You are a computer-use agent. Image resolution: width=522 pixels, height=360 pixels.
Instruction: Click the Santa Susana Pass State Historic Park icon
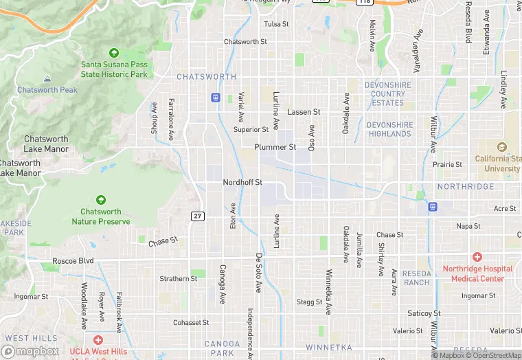point(114,53)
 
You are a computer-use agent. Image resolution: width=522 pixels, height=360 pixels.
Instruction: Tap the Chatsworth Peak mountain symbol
point(47,80)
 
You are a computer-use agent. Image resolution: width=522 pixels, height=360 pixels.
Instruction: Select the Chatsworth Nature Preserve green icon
point(101,200)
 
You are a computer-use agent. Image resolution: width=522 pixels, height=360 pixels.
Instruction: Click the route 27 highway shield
point(197,216)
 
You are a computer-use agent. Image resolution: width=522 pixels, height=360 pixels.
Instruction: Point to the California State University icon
point(501,147)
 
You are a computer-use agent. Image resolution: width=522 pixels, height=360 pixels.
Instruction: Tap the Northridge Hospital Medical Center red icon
point(477,256)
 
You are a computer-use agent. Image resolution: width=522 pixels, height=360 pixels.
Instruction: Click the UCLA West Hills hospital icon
point(98,340)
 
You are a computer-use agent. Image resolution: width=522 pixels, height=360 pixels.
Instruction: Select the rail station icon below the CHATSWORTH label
point(216,98)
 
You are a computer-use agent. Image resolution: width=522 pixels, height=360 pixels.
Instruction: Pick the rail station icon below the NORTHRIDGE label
point(433,206)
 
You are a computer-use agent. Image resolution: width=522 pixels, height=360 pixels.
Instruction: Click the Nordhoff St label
point(242,183)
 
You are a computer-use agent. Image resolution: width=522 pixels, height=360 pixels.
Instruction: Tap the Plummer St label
point(275,147)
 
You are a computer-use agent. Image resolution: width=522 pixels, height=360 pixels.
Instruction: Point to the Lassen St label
point(304,111)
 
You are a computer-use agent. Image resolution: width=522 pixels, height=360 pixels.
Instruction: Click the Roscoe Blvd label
point(73,261)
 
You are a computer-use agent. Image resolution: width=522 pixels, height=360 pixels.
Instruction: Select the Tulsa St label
point(277,24)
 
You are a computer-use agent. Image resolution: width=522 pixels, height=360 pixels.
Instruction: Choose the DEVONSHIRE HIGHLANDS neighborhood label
point(389,129)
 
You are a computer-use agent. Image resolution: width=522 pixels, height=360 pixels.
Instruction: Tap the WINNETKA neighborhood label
point(329,348)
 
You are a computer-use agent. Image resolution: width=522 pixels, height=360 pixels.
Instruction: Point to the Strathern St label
point(179,278)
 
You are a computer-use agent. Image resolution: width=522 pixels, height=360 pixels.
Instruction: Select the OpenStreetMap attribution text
point(493,355)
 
